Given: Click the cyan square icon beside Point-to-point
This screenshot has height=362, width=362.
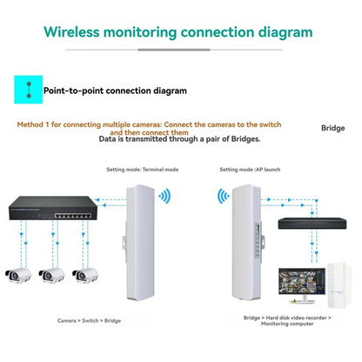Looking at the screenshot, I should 29,89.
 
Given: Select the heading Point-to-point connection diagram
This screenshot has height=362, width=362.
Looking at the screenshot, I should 115,90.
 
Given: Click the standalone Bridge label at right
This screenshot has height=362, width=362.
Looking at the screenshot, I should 332,128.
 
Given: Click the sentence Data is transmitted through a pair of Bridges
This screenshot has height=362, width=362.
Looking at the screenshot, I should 179,138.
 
